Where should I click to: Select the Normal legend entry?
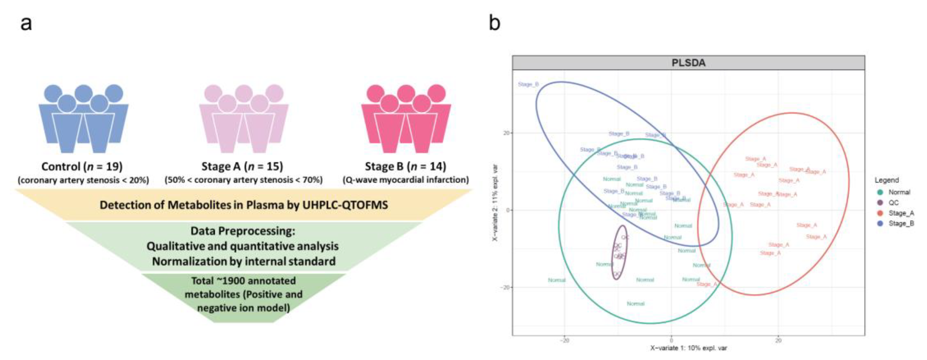899,192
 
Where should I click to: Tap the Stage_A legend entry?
901,213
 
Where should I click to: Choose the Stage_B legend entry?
901,224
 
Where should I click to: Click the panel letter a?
26,24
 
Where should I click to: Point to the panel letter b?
495,23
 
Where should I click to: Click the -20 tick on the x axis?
565,340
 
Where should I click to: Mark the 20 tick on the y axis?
506,133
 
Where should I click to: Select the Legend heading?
887,180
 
